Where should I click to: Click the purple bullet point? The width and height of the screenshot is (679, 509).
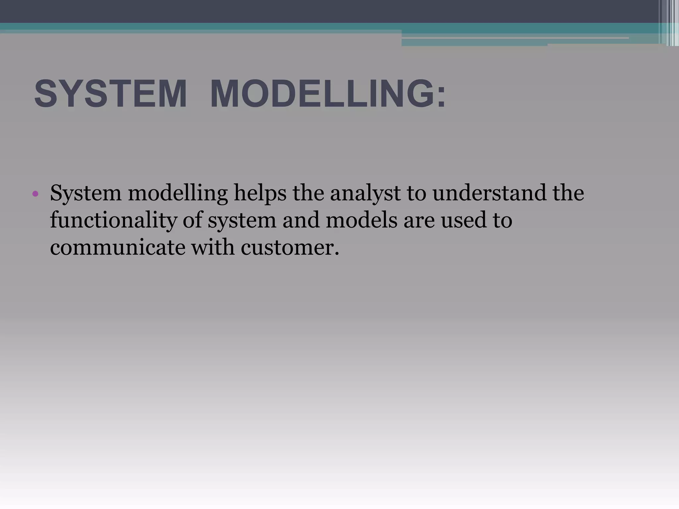tap(35, 194)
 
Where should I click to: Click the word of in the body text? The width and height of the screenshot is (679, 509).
tap(192, 220)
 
